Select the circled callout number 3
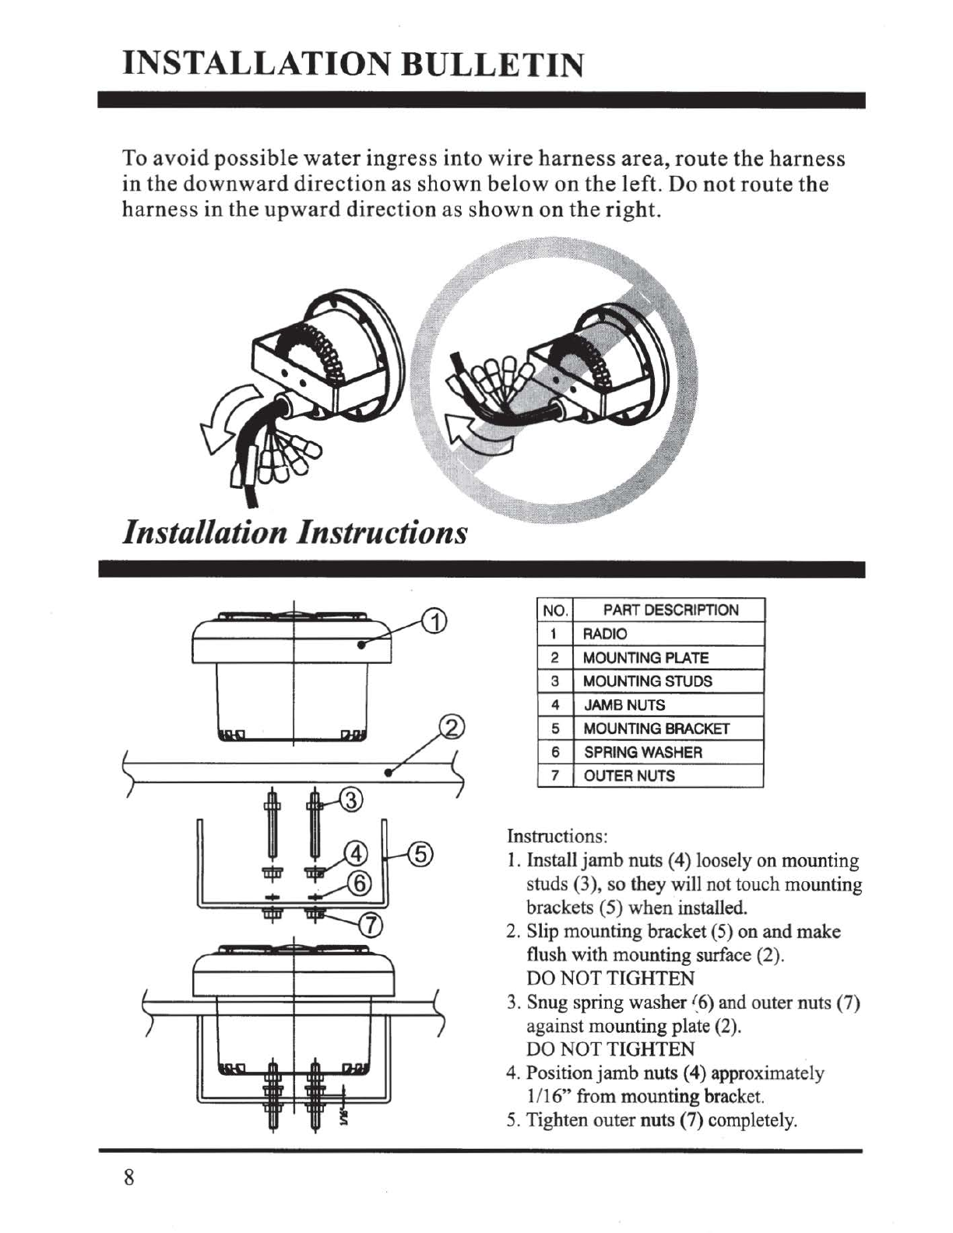tap(351, 800)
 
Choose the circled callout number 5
tap(419, 854)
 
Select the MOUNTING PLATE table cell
tap(645, 658)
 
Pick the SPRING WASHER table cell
tap(642, 752)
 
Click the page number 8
tap(129, 1177)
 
